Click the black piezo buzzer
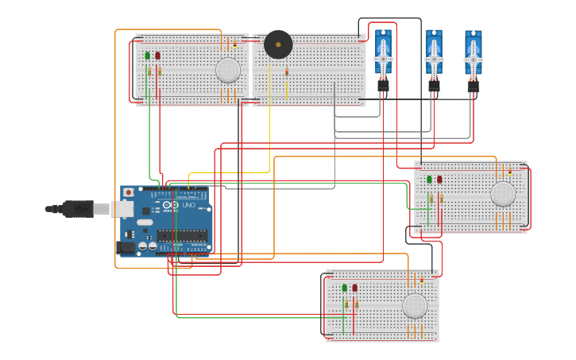click(x=278, y=45)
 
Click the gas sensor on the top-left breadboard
click(x=228, y=70)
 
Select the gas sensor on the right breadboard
click(x=503, y=194)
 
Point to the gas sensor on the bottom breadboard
click(x=415, y=306)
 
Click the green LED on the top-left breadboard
click(x=148, y=56)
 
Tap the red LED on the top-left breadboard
click(x=157, y=56)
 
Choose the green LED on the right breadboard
click(x=430, y=179)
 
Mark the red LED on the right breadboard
click(x=439, y=179)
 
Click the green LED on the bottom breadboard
click(x=345, y=288)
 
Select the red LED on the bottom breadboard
click(x=354, y=288)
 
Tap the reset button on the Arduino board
click(x=129, y=193)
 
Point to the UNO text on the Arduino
click(x=189, y=205)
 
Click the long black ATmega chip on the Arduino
click(x=182, y=235)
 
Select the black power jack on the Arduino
click(x=126, y=247)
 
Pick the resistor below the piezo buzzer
click(x=287, y=72)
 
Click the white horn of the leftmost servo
click(x=383, y=59)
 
